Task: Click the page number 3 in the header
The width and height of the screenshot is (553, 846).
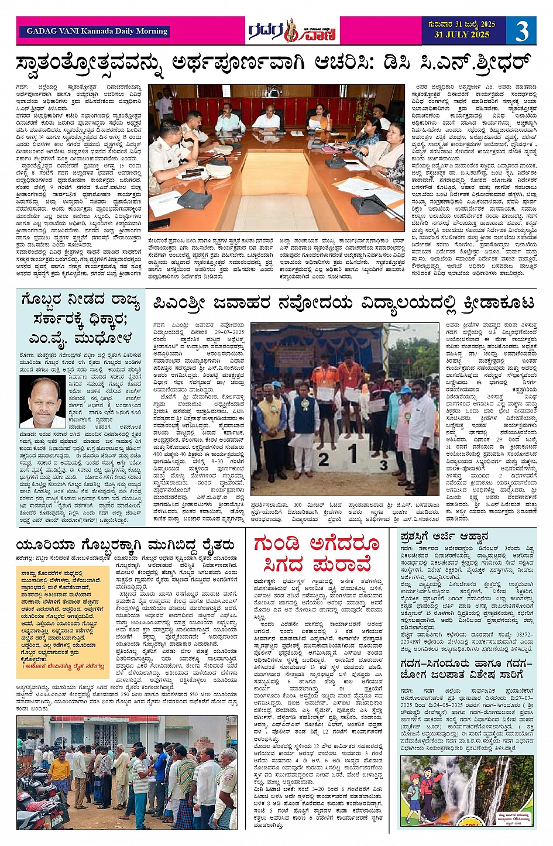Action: tap(521, 31)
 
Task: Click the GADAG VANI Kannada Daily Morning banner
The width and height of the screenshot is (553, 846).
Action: tap(97, 32)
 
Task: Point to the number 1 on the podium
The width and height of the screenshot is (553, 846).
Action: tap(352, 453)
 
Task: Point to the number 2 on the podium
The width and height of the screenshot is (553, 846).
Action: tap(324, 460)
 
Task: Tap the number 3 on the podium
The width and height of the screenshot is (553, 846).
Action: tap(383, 465)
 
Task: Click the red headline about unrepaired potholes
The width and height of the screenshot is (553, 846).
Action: tap(317, 553)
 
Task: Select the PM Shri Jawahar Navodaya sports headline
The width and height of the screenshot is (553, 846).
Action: tap(344, 303)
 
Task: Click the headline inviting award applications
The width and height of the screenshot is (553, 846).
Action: tap(445, 537)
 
